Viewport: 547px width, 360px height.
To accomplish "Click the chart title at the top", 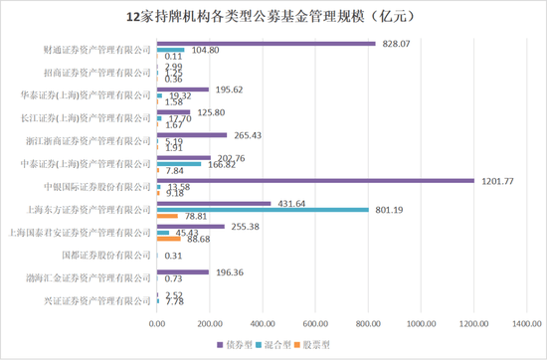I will click(x=273, y=17).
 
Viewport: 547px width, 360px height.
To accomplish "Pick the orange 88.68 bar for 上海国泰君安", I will click(x=168, y=238).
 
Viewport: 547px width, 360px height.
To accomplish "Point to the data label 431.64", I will click(x=289, y=203).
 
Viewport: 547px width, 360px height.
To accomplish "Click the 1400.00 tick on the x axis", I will click(x=527, y=322).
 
